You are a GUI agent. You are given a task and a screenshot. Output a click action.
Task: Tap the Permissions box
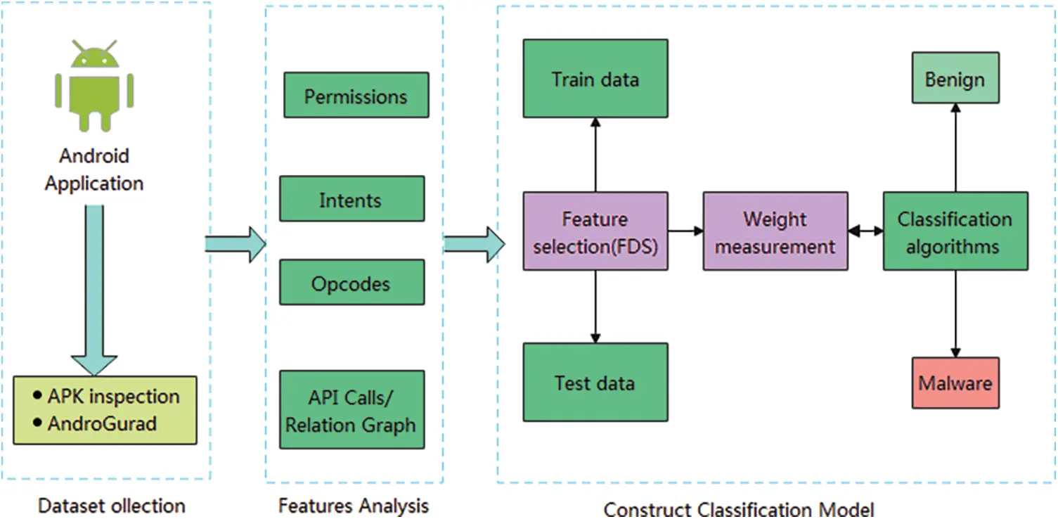[x=356, y=95]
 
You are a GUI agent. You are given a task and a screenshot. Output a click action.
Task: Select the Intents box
[x=351, y=199]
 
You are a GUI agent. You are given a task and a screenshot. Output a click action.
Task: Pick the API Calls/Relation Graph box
[x=351, y=410]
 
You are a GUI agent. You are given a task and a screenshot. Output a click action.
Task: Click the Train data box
[x=595, y=78]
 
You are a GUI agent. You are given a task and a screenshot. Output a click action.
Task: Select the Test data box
[x=595, y=382]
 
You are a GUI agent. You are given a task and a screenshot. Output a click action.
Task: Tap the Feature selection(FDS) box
[x=595, y=231]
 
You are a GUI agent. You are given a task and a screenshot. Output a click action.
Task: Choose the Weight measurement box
[x=775, y=231]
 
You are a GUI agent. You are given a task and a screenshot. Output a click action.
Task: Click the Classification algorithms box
[x=955, y=231]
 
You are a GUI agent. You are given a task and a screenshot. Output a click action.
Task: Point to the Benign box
[x=955, y=78]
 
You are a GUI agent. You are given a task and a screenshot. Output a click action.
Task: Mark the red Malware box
[x=955, y=383]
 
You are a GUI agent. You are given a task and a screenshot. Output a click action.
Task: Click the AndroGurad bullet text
[x=101, y=424]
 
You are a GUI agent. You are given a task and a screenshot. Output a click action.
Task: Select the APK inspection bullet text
[x=113, y=396]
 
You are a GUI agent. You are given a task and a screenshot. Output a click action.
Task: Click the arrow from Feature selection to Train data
[x=595, y=155]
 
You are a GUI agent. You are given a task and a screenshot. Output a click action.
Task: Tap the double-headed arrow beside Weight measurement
[x=865, y=231]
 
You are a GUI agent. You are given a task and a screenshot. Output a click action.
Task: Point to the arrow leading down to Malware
[x=955, y=314]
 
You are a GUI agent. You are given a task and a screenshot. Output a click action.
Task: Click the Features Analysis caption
[x=353, y=506]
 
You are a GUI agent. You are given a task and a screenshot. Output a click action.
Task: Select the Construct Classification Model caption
[x=738, y=508]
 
